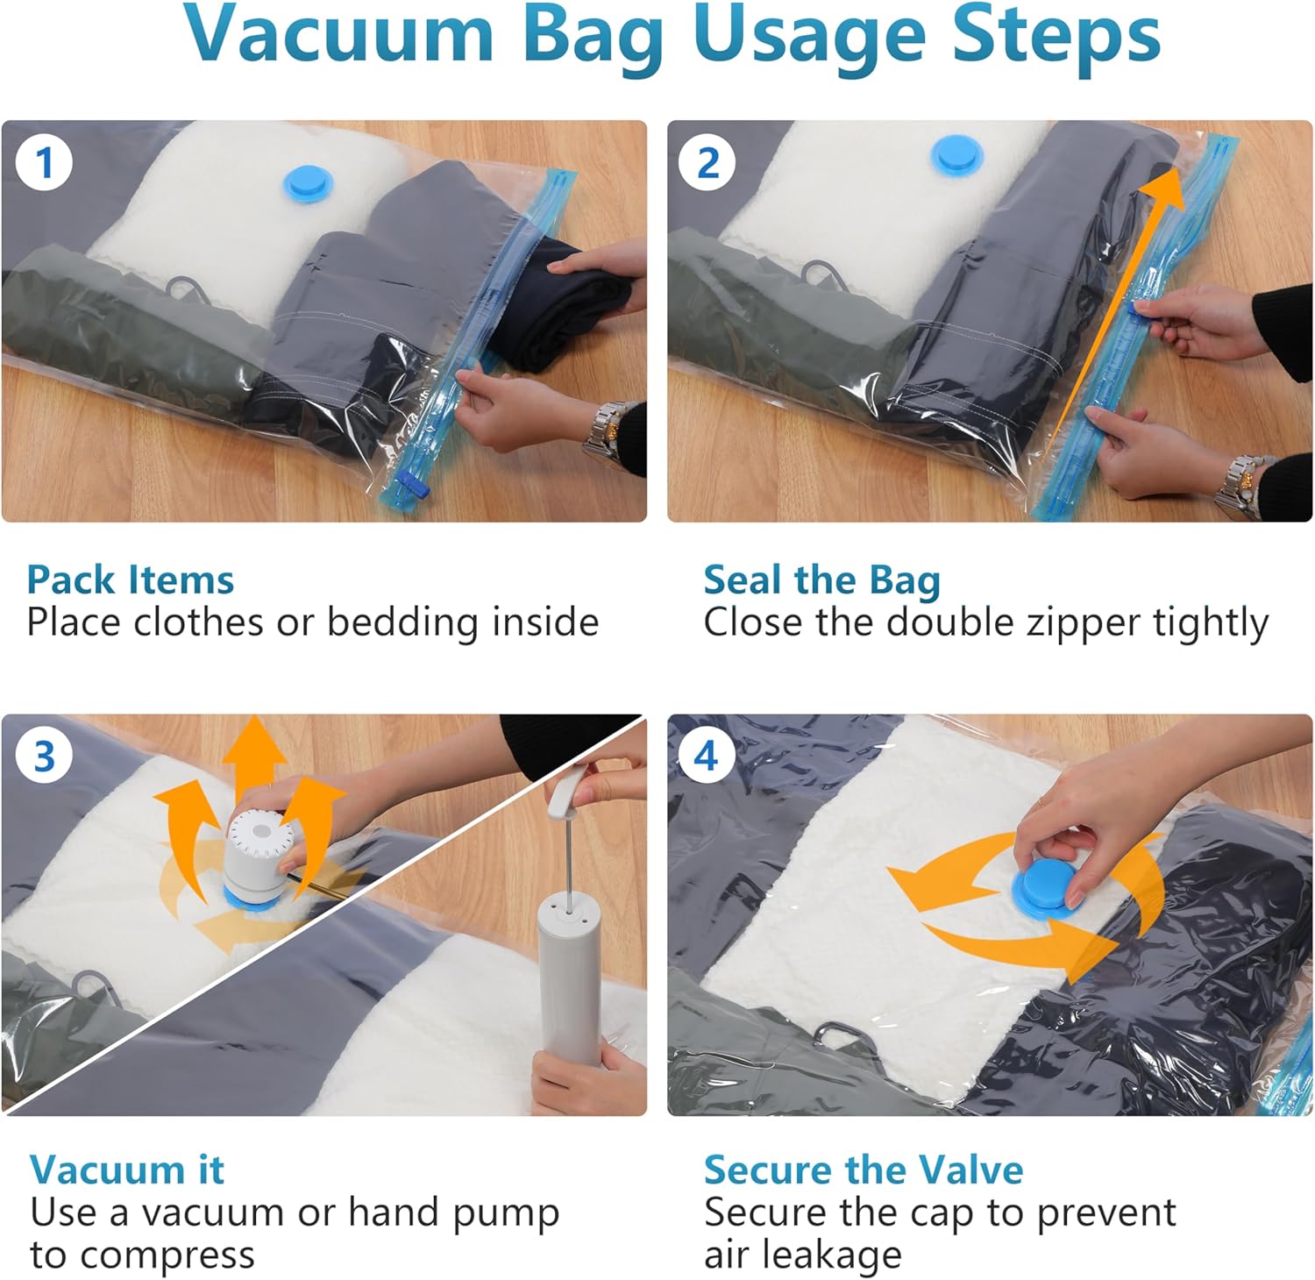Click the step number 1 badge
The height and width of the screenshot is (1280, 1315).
click(x=44, y=162)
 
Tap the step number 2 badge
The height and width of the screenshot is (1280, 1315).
click(x=707, y=162)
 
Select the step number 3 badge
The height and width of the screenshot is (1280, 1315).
click(x=44, y=756)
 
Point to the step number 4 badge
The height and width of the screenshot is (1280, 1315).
click(x=707, y=756)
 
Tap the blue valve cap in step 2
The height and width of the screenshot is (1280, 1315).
click(x=956, y=154)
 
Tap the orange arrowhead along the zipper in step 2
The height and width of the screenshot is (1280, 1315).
click(x=1164, y=191)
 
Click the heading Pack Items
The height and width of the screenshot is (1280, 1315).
click(x=131, y=580)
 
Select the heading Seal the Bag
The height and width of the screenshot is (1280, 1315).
click(x=821, y=580)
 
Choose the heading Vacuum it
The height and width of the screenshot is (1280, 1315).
click(x=127, y=1170)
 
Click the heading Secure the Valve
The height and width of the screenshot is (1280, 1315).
click(x=864, y=1170)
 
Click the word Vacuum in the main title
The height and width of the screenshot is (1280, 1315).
click(x=338, y=35)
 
